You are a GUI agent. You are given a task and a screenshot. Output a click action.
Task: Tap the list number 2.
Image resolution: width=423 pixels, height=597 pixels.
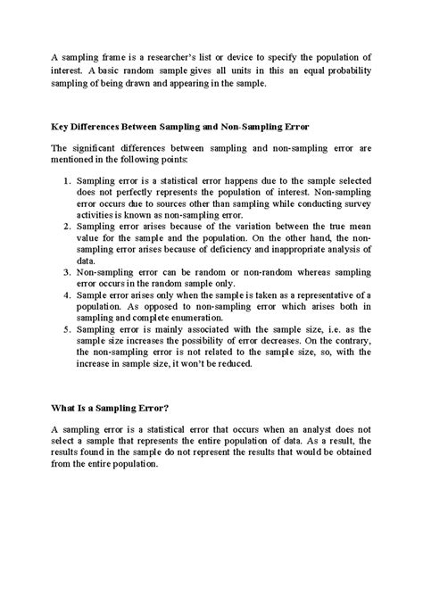pyautogui.click(x=68, y=228)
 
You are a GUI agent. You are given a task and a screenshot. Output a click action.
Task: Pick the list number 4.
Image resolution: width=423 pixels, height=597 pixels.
pyautogui.click(x=68, y=303)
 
